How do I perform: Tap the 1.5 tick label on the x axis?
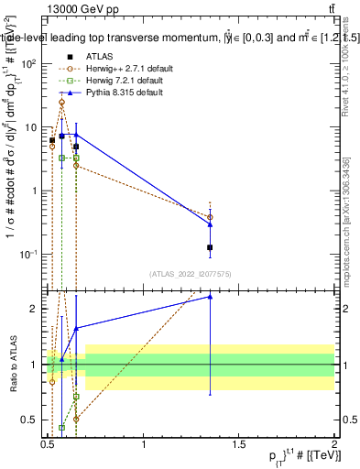(239, 445)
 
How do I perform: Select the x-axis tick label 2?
(333, 445)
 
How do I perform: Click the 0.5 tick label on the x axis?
(49, 445)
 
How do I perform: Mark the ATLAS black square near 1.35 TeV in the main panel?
(211, 247)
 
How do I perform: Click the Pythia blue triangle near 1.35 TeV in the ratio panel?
(211, 296)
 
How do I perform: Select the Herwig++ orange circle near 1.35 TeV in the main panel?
(211, 217)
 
